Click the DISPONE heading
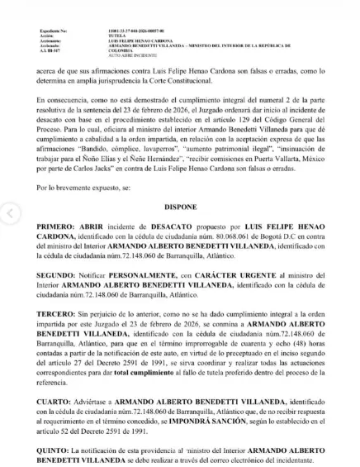pos(181,207)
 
